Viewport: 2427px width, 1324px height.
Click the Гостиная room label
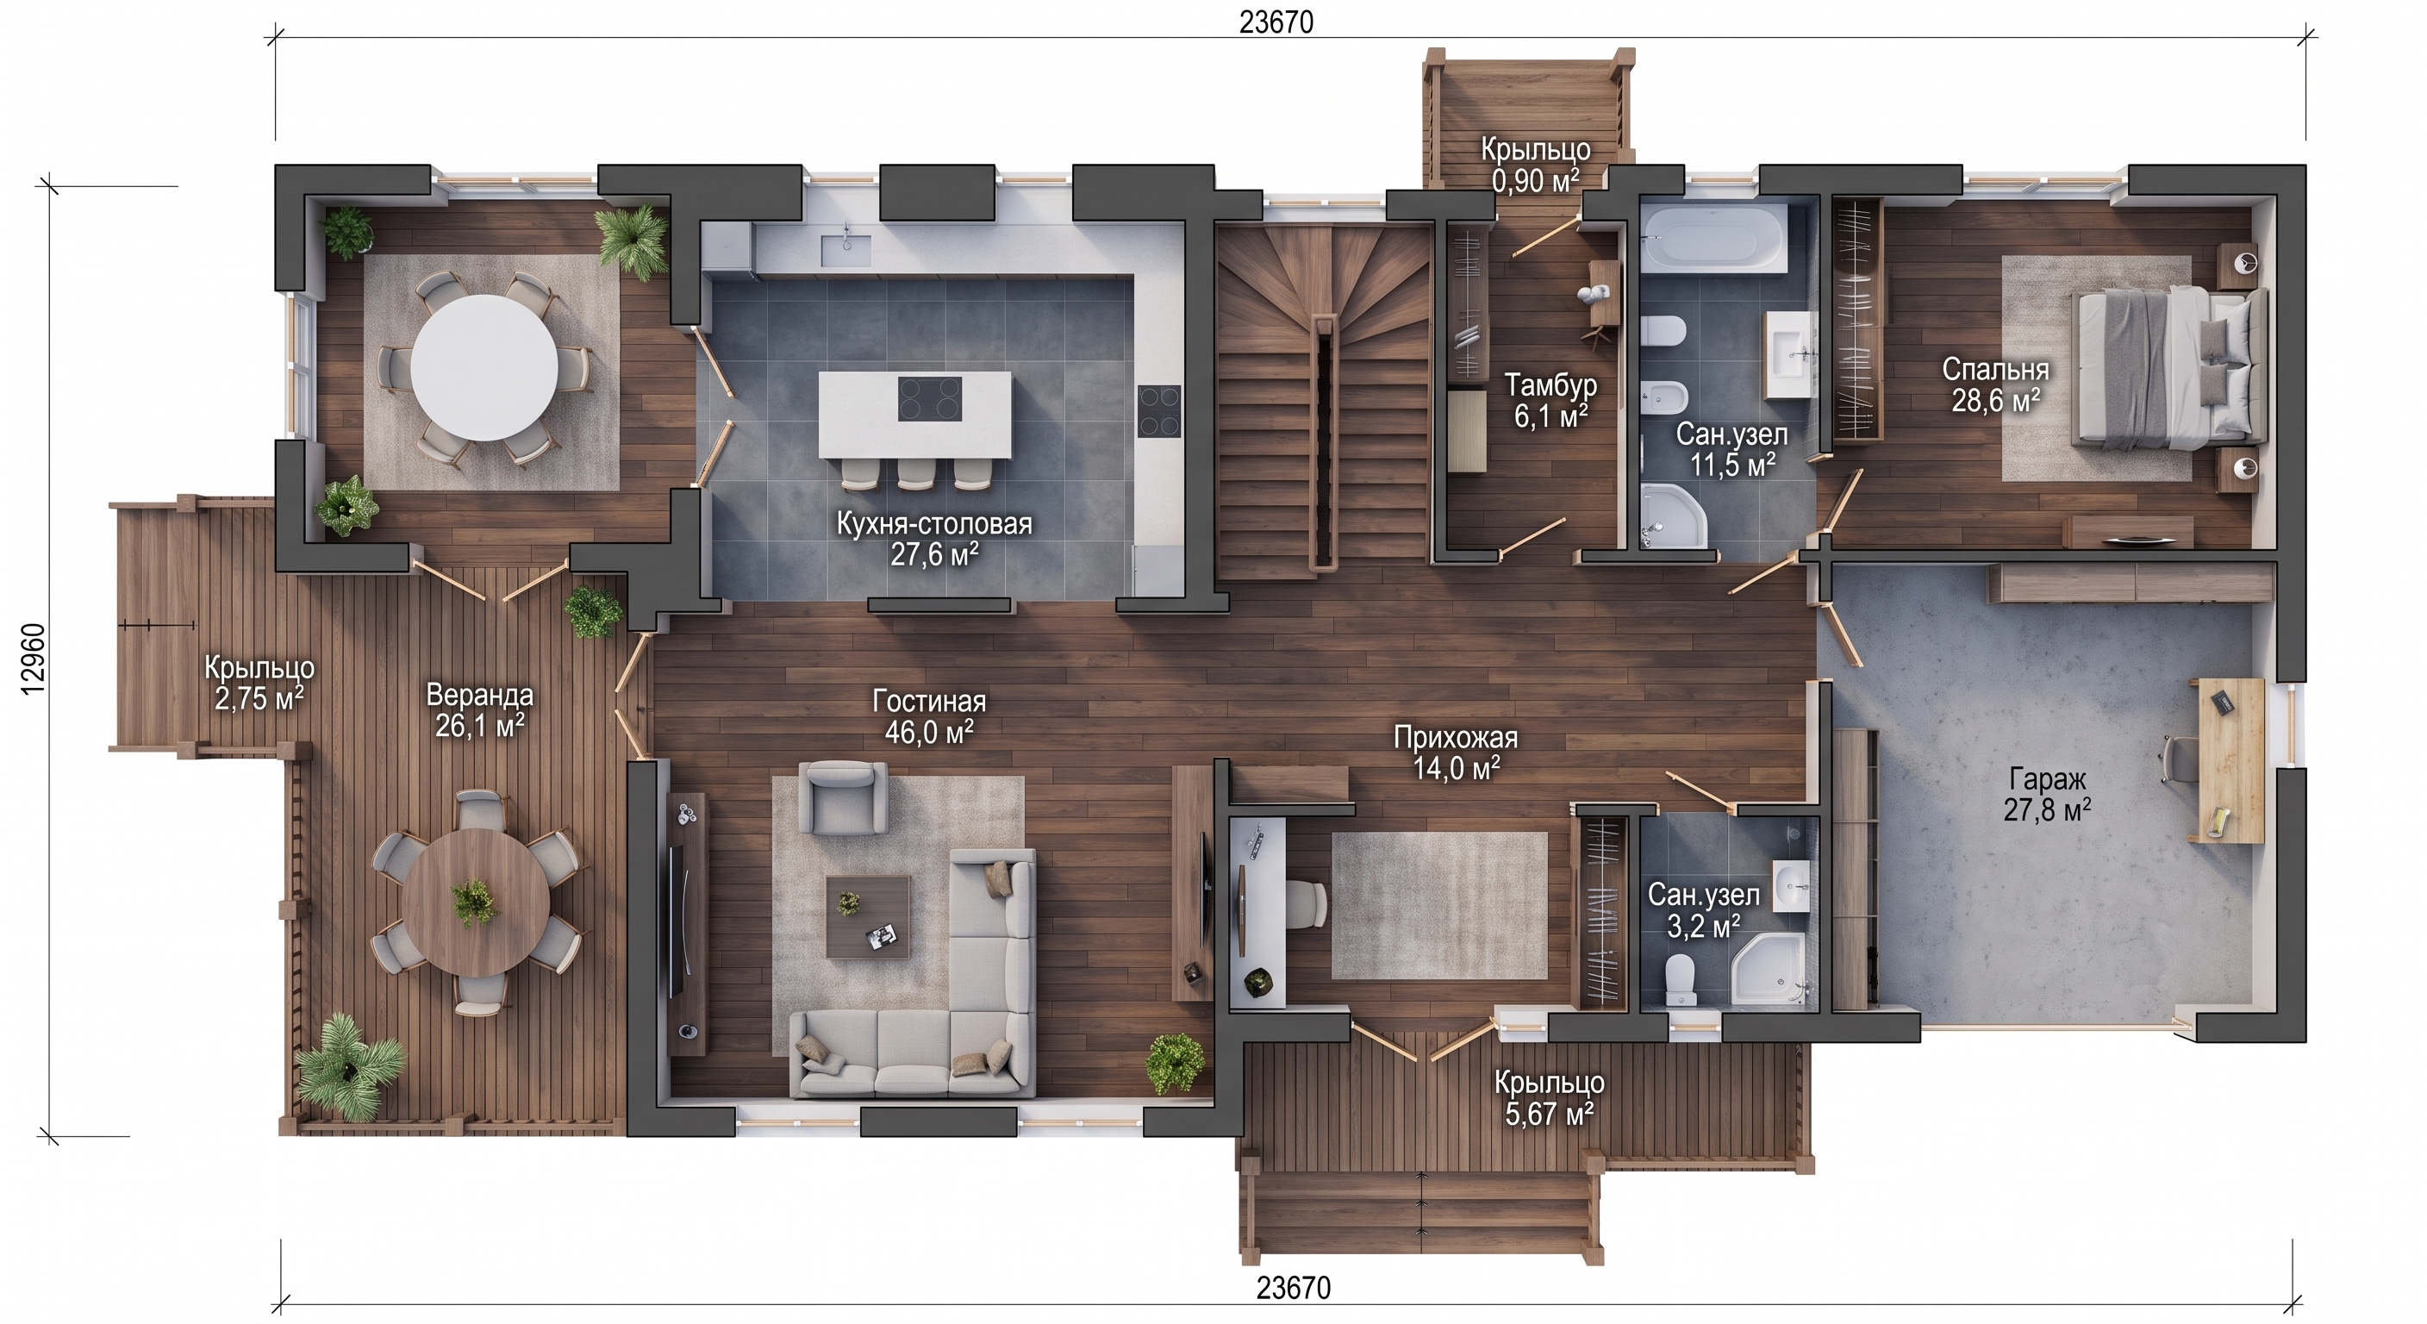point(929,701)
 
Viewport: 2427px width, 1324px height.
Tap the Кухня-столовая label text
point(933,524)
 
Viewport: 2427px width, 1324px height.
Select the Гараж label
point(2047,779)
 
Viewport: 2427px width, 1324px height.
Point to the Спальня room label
point(1995,370)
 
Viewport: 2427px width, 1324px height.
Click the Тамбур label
point(1550,385)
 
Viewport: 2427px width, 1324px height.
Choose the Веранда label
point(479,696)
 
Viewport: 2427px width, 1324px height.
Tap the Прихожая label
point(1456,738)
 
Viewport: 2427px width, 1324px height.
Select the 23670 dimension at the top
point(1276,22)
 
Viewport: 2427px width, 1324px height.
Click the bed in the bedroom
point(2167,367)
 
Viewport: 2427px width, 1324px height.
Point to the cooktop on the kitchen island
point(929,397)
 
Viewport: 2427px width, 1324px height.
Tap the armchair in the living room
point(842,797)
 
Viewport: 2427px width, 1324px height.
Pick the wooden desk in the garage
point(2231,759)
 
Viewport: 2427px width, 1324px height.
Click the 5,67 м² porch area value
point(1549,1115)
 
